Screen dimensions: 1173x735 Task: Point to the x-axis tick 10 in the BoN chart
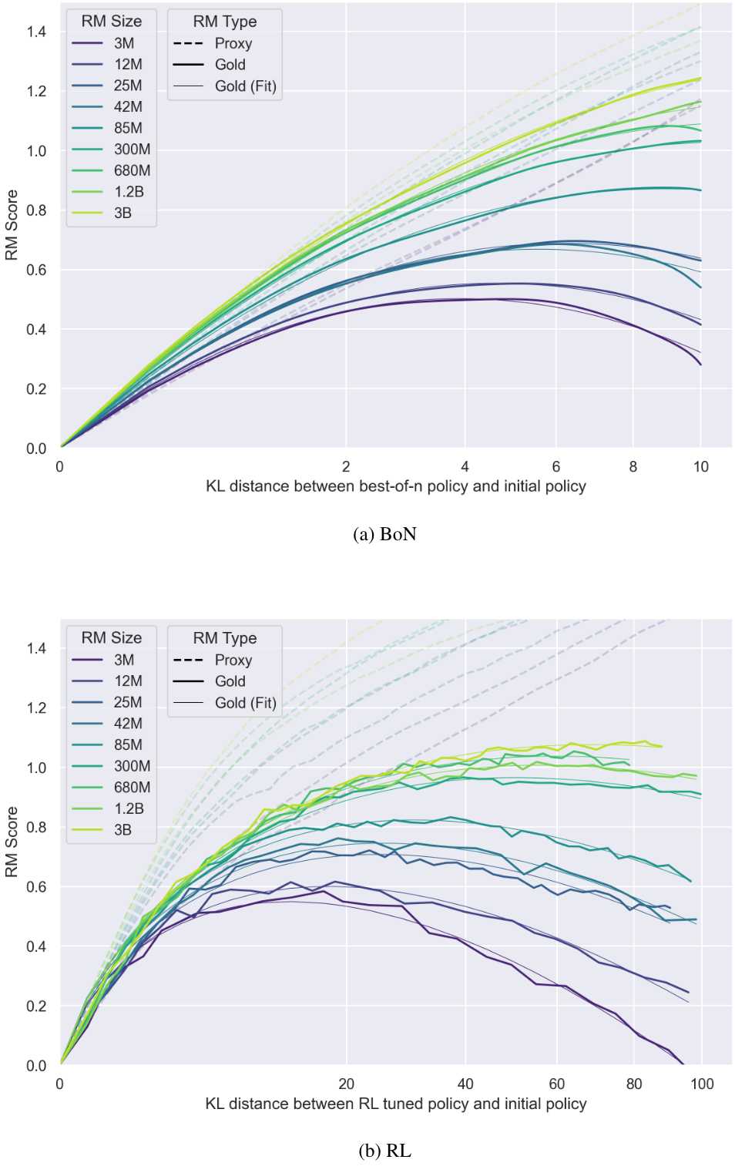pos(700,467)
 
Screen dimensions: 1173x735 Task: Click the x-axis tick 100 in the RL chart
pos(701,1084)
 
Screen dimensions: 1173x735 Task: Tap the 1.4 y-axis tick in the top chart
pos(36,32)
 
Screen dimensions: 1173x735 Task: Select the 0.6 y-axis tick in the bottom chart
pos(36,887)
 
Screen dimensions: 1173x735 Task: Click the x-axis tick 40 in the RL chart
pos(465,1084)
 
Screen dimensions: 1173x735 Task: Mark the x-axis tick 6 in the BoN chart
pos(555,467)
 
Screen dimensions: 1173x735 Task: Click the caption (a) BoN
pos(384,534)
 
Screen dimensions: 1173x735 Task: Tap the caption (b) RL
pos(384,1151)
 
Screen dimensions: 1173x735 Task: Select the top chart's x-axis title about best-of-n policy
pos(395,486)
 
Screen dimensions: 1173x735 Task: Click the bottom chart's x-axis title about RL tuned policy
pos(395,1104)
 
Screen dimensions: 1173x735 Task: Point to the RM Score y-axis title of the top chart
pos(12,225)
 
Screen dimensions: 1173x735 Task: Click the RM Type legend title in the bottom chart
pos(224,638)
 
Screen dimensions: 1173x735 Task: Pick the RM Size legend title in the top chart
pos(112,22)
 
